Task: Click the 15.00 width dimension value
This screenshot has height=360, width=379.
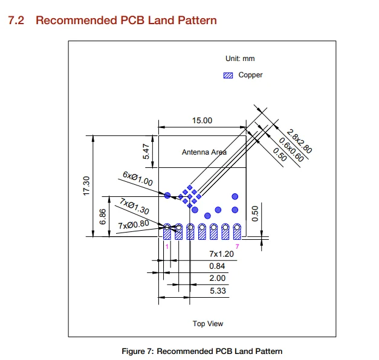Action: click(x=202, y=120)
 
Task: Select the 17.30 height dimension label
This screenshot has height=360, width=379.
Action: click(x=86, y=186)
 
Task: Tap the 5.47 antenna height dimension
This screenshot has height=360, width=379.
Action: click(x=146, y=152)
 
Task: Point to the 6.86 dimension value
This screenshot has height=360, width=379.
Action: click(x=103, y=216)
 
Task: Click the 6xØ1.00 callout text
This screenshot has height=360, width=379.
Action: click(x=138, y=179)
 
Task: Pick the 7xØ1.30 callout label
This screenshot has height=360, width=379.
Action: click(x=134, y=207)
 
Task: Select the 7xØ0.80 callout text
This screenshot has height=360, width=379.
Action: click(x=134, y=225)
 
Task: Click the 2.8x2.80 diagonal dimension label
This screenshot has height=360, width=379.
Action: click(x=299, y=141)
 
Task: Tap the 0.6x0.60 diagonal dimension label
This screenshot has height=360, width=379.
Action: click(x=291, y=150)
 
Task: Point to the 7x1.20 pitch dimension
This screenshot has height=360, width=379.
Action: click(x=221, y=254)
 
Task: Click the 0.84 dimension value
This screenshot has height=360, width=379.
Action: click(x=217, y=266)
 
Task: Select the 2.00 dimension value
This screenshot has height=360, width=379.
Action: click(x=217, y=278)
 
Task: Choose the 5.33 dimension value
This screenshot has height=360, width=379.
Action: click(x=218, y=291)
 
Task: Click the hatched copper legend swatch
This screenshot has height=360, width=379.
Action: click(x=228, y=76)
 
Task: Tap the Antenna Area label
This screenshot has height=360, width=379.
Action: click(x=204, y=152)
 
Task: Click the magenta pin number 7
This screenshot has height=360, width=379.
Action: click(x=237, y=246)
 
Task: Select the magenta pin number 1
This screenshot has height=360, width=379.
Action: click(x=167, y=246)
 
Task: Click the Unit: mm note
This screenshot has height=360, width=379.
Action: click(x=240, y=59)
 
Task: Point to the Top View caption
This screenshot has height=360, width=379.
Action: click(x=208, y=324)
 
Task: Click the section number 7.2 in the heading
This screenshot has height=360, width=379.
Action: click(x=16, y=21)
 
